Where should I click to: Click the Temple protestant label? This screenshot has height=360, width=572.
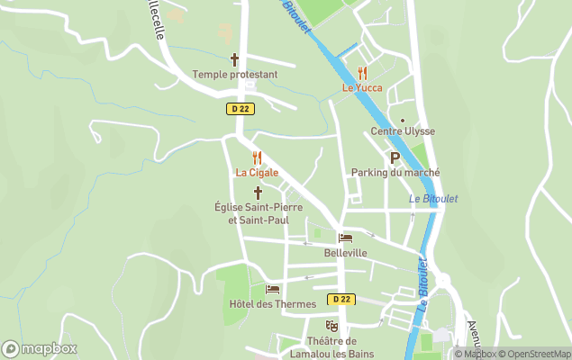(235, 75)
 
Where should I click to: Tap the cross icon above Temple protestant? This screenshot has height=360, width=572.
(235, 59)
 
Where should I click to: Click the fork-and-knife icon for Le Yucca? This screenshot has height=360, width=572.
(361, 73)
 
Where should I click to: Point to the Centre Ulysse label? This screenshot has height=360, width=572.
(403, 131)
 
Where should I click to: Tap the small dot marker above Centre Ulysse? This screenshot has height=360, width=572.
(403, 120)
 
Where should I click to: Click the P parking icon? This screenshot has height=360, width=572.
(395, 157)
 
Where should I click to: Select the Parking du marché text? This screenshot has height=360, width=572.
(395, 173)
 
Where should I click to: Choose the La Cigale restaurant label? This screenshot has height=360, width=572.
(257, 173)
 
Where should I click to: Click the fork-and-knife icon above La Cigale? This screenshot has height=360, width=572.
(257, 157)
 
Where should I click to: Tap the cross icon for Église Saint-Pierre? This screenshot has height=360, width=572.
(258, 193)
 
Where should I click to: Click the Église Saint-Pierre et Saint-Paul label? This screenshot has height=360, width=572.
(258, 213)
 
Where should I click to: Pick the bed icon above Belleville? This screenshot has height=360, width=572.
(345, 238)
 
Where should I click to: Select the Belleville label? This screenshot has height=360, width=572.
(345, 253)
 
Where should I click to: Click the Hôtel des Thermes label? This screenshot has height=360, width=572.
(272, 304)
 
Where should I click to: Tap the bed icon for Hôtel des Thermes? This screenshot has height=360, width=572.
(273, 289)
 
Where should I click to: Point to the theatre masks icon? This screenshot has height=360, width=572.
(331, 325)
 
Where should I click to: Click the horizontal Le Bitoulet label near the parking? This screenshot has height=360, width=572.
(432, 199)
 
